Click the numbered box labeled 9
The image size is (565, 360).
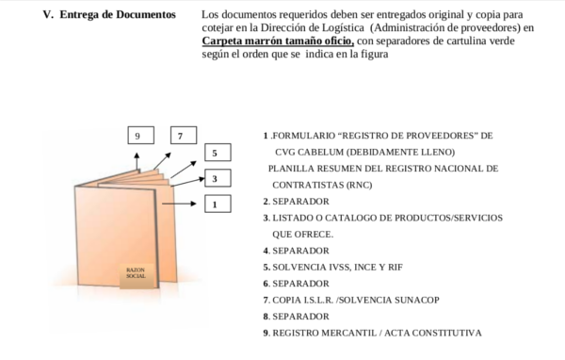[x=137, y=136]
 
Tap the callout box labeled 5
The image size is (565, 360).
[x=216, y=153]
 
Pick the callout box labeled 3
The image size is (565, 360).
[x=216, y=178]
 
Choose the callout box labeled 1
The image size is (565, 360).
[x=216, y=204]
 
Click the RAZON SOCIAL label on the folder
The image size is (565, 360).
[x=135, y=273]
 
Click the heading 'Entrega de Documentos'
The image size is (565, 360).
[x=118, y=16]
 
